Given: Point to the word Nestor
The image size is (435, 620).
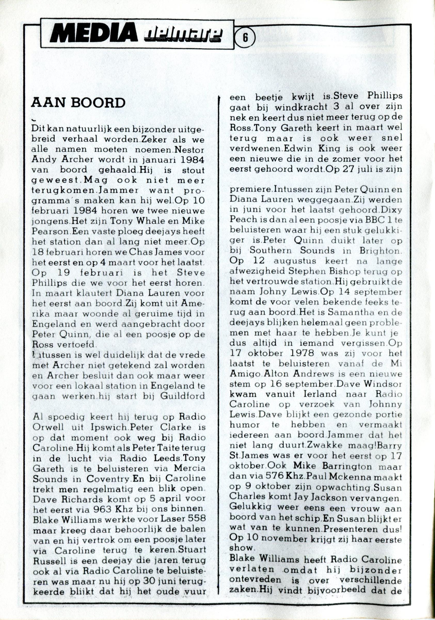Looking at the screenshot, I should [x=190, y=149].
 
